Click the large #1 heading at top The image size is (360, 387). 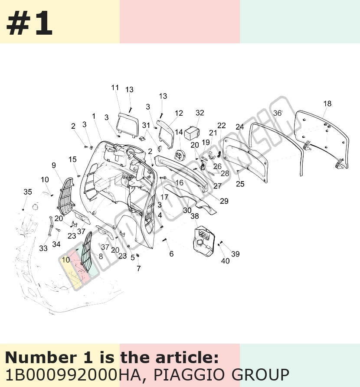[x=29, y=23]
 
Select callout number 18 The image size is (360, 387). [x=327, y=104]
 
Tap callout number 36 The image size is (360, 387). [x=277, y=113]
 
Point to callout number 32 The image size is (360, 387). [x=200, y=113]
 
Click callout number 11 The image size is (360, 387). [x=115, y=88]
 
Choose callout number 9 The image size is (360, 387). [x=54, y=165]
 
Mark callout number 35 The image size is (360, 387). [x=28, y=192]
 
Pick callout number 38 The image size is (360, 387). [x=194, y=216]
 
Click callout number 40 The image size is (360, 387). [x=225, y=261]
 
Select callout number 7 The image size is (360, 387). [x=139, y=268]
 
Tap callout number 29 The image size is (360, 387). [x=224, y=201]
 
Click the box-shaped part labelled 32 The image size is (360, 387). [x=192, y=133]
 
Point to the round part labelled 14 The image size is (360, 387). [x=180, y=156]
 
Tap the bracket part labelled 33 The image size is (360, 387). [x=51, y=226]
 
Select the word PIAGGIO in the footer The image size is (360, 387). [x=190, y=375]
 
